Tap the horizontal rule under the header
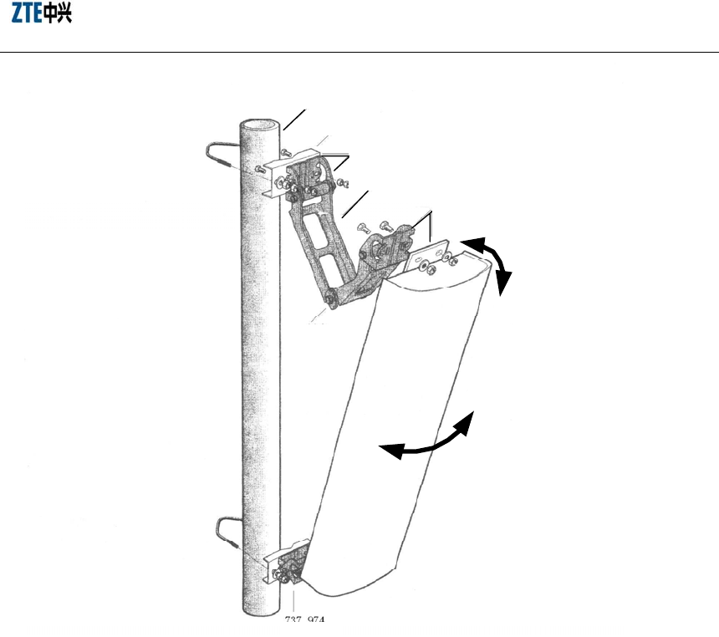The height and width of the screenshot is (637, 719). point(359,53)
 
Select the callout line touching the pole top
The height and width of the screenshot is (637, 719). point(294,119)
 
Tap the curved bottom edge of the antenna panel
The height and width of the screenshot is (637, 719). point(351,589)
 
